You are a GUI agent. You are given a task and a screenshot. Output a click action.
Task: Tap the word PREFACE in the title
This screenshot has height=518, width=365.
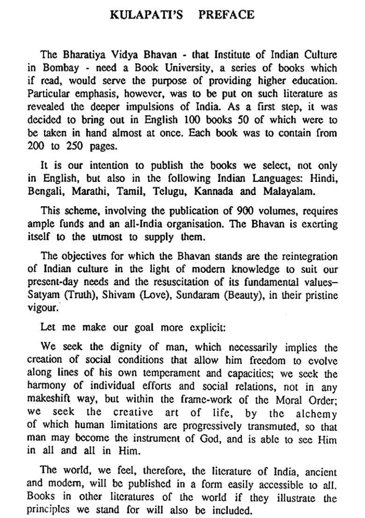coord(226,15)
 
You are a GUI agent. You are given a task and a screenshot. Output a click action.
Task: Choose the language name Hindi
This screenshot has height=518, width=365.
coord(325,179)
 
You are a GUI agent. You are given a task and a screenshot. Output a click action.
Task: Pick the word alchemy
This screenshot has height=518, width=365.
coord(316,414)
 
